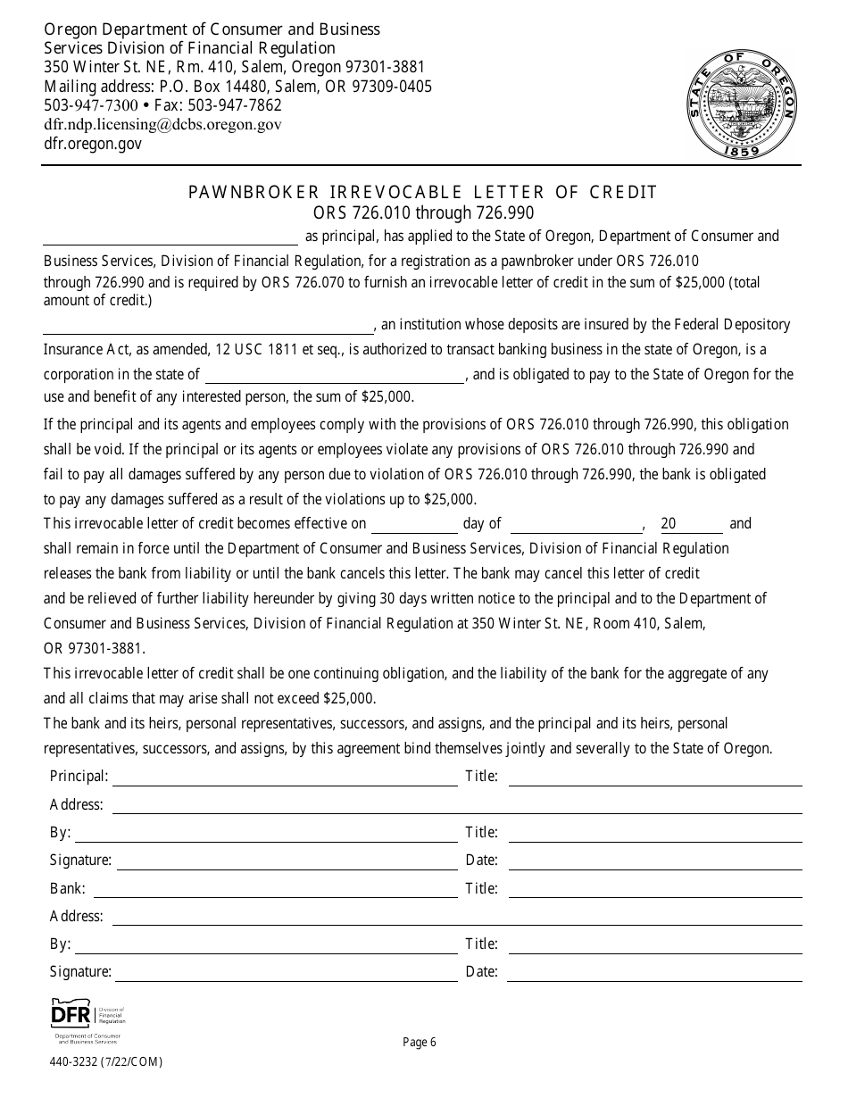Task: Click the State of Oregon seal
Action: [743, 105]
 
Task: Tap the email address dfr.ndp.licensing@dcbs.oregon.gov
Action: [163, 125]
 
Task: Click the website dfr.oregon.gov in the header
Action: [93, 144]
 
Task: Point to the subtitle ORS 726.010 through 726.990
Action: [423, 212]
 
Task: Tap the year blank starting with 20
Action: [691, 525]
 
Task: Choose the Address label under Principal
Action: [77, 805]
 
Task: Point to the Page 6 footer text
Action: [420, 1042]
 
